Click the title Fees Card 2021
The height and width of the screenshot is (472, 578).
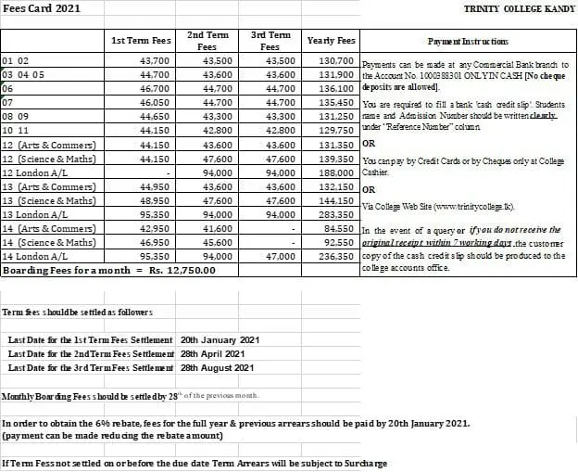42,8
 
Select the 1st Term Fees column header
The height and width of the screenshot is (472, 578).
140,41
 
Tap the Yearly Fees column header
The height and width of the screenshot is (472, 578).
331,41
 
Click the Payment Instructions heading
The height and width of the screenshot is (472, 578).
468,42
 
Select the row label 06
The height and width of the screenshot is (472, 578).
7,88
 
